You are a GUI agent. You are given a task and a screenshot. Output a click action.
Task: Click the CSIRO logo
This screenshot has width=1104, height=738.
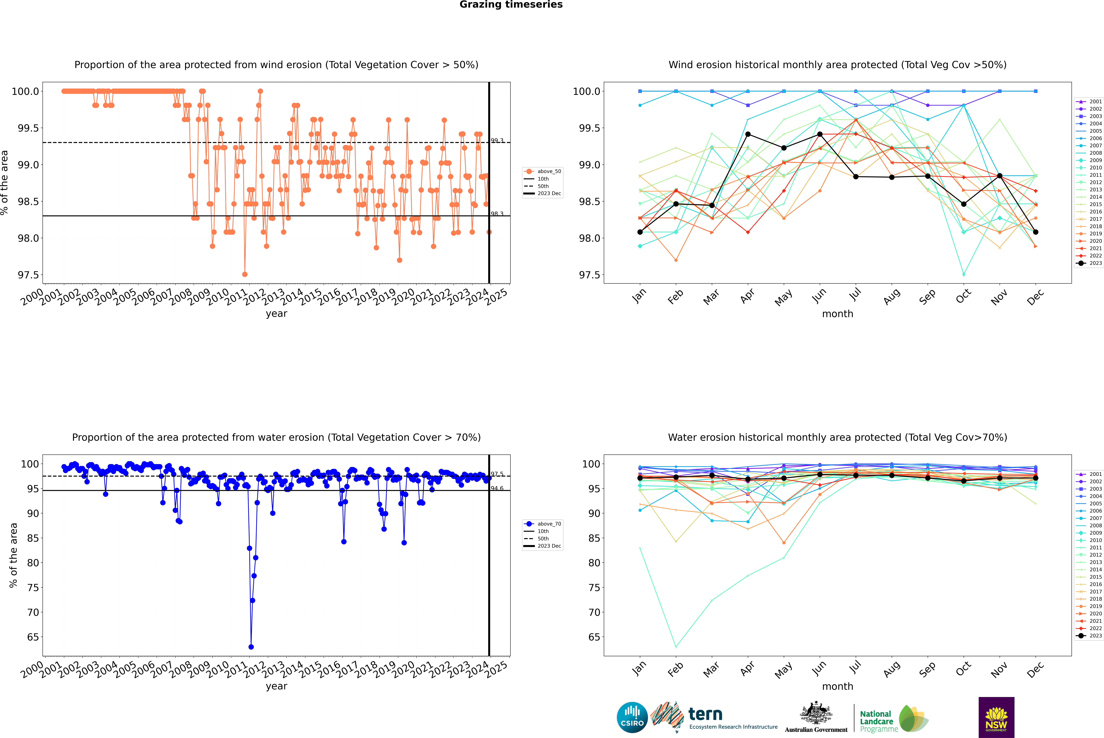[632, 717]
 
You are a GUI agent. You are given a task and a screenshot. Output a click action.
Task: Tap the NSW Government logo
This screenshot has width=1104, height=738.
[996, 717]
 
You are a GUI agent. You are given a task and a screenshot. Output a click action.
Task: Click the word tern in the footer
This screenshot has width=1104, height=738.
[705, 714]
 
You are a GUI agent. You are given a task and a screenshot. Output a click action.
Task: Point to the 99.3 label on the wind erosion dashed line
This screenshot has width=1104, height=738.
[497, 140]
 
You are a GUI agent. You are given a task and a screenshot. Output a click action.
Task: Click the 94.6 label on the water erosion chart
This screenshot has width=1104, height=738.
[497, 488]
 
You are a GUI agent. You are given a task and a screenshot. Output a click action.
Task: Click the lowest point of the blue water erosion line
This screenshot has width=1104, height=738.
[251, 647]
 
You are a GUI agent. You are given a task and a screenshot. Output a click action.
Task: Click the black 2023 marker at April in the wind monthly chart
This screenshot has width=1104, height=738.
[748, 134]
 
